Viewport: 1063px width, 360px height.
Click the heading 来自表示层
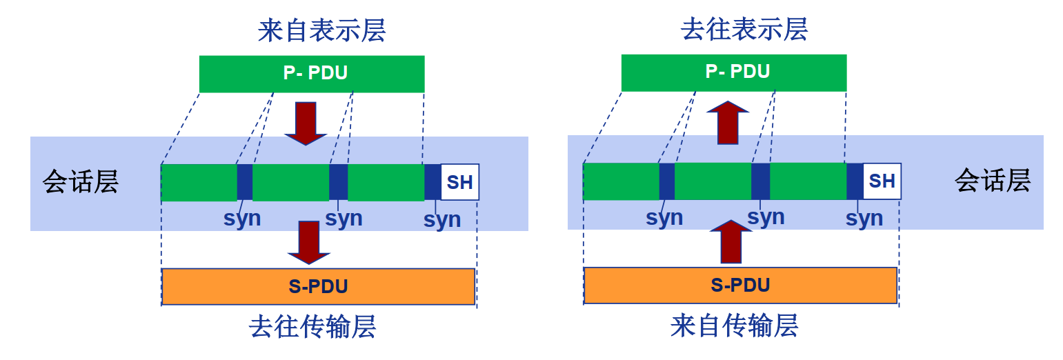321,31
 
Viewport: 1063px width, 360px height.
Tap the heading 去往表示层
744,30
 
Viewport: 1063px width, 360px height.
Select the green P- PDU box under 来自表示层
312,74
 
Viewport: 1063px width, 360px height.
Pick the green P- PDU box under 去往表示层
734,72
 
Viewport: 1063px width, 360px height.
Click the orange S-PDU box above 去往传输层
318,286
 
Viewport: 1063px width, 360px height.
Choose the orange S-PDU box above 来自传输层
740,285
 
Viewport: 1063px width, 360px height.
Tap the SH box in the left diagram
459,182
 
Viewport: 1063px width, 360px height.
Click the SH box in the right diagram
882,181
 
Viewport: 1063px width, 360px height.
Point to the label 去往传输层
312,327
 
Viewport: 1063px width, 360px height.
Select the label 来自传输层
734,326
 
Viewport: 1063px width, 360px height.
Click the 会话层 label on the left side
81,182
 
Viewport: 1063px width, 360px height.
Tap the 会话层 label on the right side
992,181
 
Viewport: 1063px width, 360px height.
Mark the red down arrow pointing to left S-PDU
309,242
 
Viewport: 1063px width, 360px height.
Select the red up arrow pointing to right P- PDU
728,122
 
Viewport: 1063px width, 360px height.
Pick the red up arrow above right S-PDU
731,242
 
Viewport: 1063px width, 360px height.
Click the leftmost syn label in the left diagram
242,218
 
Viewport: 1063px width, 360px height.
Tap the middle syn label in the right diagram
766,217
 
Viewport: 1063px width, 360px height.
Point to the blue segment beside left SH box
433,182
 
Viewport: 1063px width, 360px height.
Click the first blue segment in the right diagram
666,181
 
